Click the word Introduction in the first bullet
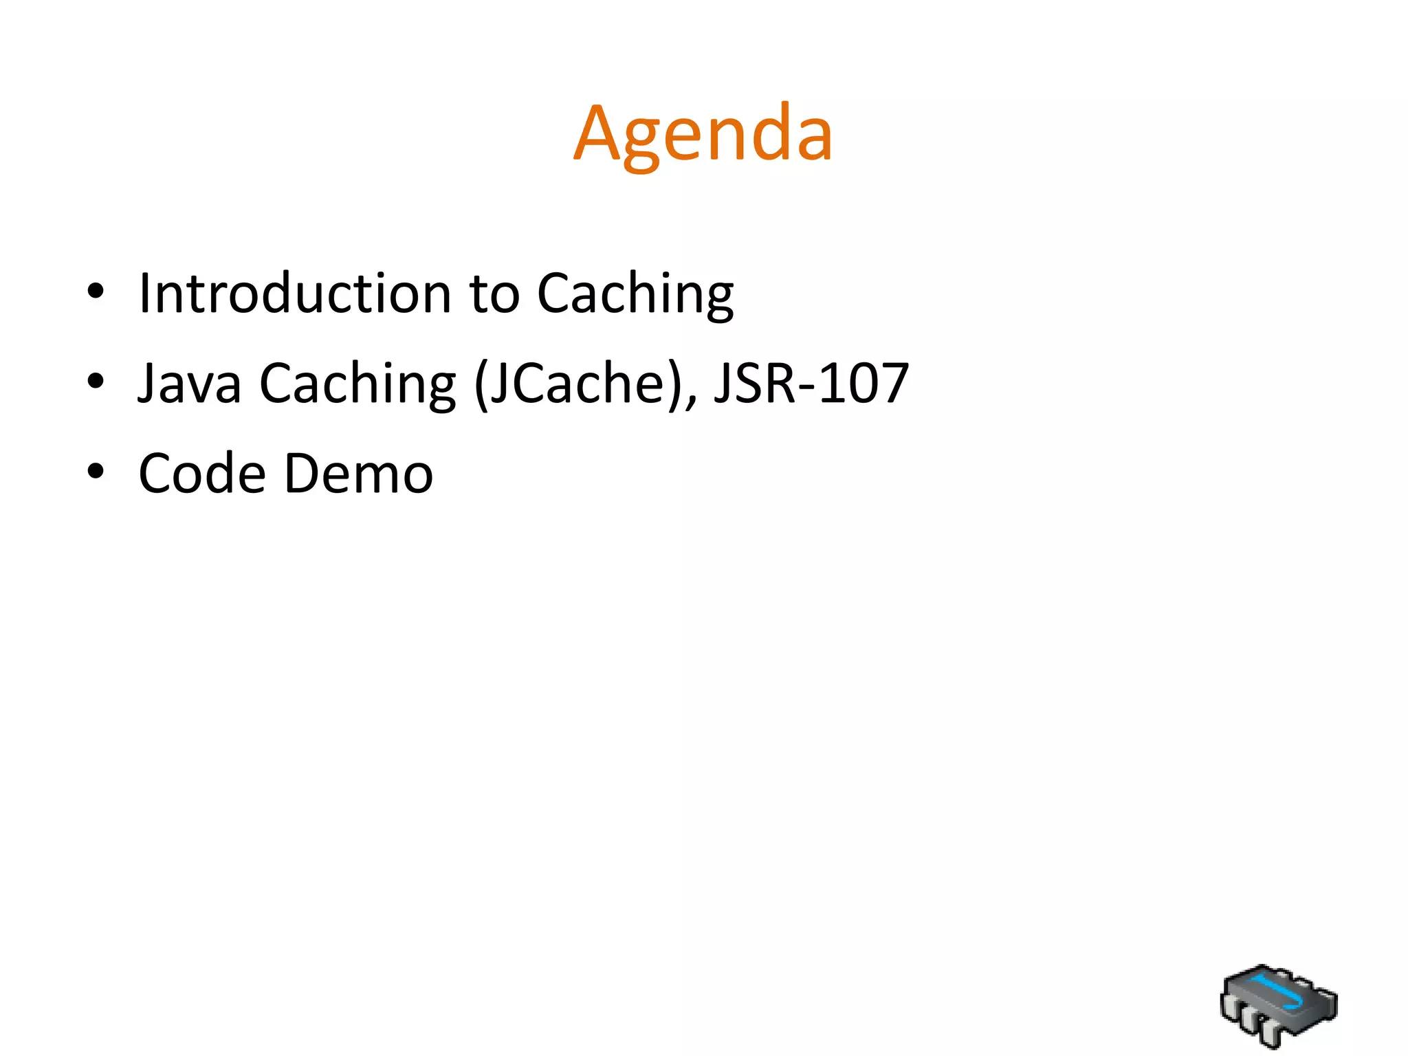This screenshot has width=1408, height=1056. click(295, 294)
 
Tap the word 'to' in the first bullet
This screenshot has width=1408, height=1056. click(494, 294)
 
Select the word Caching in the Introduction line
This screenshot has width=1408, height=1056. click(635, 294)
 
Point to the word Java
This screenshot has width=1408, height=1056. click(190, 383)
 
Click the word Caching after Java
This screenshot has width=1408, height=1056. click(357, 383)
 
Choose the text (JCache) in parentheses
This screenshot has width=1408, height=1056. click(583, 383)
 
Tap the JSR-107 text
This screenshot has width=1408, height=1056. click(811, 383)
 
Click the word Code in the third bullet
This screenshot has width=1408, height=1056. click(202, 474)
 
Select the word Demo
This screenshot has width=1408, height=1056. click(358, 474)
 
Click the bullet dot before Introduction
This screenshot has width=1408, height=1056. click(96, 291)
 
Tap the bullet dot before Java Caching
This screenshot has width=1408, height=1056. click(96, 381)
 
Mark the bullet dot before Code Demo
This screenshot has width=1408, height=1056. click(96, 472)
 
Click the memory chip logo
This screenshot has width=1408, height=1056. click(1278, 1005)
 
